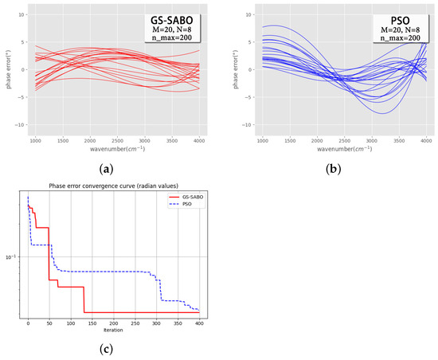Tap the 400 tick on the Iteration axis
click(x=198, y=322)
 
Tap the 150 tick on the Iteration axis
click(x=92, y=322)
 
